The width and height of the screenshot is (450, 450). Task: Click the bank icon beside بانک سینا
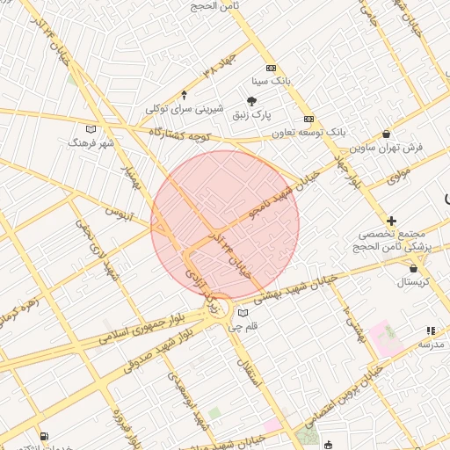point(270,68)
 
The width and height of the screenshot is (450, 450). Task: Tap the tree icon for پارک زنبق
point(251,101)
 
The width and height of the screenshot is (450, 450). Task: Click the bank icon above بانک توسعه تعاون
point(308,119)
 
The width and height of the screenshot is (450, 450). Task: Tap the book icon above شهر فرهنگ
point(91,129)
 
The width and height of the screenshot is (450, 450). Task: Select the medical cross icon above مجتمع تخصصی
point(391,221)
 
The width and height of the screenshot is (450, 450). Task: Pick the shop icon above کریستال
point(413,269)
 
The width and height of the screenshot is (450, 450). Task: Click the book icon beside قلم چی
point(243,313)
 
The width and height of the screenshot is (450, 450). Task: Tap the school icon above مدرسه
point(430,330)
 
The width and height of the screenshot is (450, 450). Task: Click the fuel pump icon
point(44,435)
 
